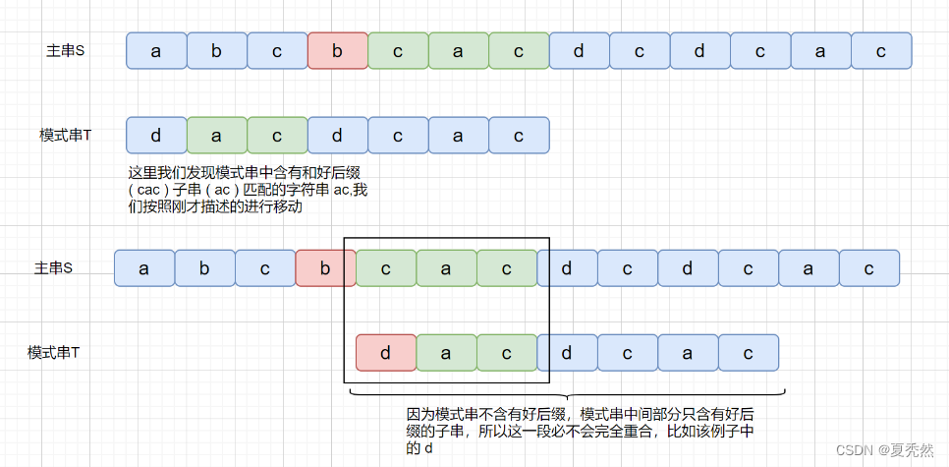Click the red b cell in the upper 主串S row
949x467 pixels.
(337, 51)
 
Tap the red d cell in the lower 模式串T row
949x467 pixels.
(385, 352)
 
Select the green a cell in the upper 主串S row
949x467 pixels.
(458, 51)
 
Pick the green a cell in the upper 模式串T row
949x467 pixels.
(216, 136)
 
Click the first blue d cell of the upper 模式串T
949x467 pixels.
(156, 136)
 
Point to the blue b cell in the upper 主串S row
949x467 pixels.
(216, 51)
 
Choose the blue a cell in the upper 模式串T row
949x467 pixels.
(458, 136)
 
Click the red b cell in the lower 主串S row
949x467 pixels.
(325, 268)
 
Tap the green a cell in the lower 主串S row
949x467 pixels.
(446, 268)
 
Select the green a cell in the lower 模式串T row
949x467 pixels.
(446, 352)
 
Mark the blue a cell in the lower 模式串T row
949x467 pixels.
(688, 352)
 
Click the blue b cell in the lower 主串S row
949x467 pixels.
(204, 268)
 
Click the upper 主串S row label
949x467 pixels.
(66, 51)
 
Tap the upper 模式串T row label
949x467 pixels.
(65, 136)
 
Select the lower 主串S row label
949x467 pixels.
(54, 268)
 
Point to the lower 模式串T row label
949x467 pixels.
(53, 352)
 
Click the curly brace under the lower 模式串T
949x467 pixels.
(565, 394)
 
